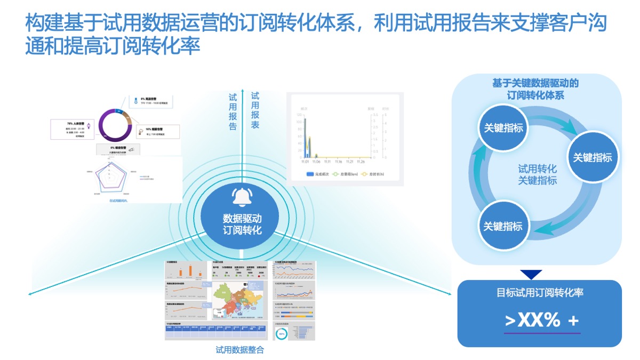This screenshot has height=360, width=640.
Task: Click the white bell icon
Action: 243,197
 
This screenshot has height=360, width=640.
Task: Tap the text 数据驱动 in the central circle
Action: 243,218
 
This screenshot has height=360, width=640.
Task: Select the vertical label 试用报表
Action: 255,110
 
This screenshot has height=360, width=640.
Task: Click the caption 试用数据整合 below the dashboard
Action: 239,350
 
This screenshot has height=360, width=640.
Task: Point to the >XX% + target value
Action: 541,321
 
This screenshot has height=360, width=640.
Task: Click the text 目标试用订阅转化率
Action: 540,293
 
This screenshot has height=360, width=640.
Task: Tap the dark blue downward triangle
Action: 531,275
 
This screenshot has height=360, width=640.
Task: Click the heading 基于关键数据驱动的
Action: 535,84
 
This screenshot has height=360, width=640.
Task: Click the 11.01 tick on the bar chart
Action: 305,162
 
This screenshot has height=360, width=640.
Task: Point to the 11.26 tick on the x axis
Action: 361,162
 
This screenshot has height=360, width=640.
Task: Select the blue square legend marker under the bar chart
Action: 310,174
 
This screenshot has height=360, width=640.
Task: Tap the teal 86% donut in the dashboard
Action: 281,334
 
